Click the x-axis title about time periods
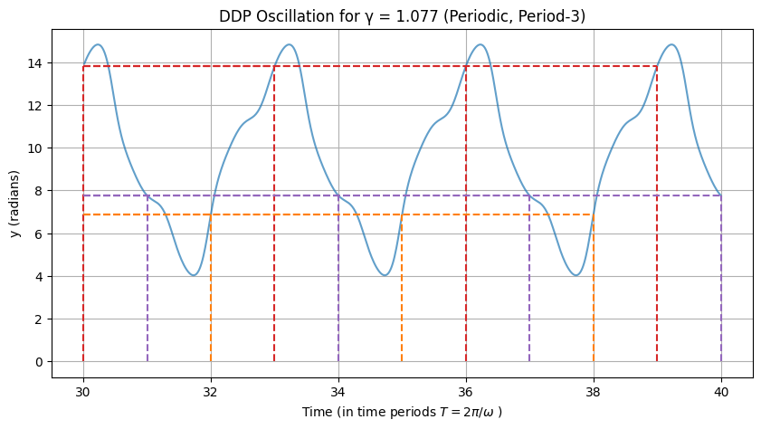tap(403, 412)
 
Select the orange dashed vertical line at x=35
tap(402, 290)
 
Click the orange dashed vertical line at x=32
tap(211, 290)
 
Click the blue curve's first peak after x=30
tap(98, 44)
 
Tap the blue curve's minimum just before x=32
tap(194, 275)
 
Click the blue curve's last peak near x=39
tap(671, 44)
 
